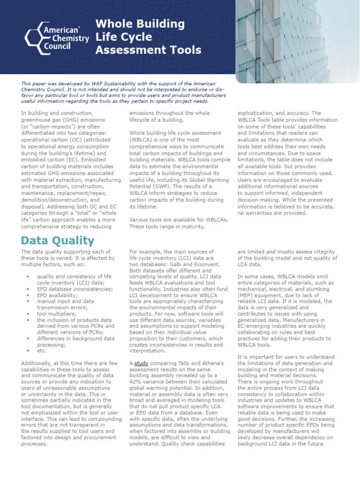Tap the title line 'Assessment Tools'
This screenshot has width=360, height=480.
tap(149, 50)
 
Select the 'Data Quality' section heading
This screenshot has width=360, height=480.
tap(58, 240)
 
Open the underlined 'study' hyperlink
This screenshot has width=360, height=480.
tap(141, 363)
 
